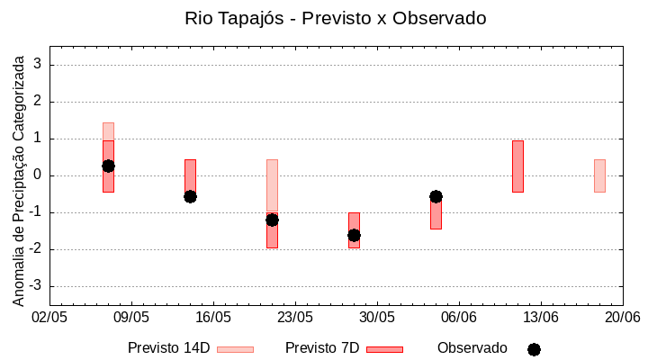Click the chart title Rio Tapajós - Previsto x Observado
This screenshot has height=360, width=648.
tap(323, 18)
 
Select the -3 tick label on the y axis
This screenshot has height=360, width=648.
tap(36, 286)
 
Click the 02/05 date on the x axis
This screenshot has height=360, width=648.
tap(49, 318)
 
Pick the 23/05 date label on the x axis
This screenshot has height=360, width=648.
tap(295, 318)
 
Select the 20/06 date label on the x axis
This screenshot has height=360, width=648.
tap(622, 318)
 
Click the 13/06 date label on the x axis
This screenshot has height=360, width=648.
tap(541, 318)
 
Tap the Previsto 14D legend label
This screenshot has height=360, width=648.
tap(168, 348)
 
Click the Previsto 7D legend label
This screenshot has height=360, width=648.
tap(322, 348)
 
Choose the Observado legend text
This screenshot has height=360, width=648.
tap(472, 348)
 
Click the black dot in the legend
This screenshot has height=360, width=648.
tap(534, 349)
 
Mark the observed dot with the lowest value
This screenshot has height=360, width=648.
tap(354, 235)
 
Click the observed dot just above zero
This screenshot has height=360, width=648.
tap(108, 166)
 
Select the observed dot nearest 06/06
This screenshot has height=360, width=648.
tap(436, 196)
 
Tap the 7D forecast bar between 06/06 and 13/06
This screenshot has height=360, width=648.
tap(517, 166)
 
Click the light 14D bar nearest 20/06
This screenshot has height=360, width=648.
tap(599, 175)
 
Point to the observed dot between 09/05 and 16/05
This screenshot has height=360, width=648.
tap(190, 196)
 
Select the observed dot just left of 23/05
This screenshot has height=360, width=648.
tap(272, 220)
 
